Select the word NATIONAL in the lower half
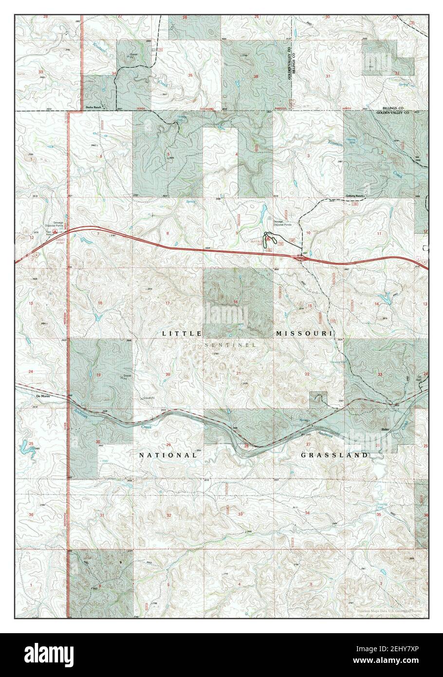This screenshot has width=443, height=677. (168, 455)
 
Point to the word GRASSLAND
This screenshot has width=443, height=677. (334, 455)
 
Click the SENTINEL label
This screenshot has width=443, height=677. (230, 345)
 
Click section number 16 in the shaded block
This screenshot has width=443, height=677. (236, 302)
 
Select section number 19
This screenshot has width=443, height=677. (98, 375)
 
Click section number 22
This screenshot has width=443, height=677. (307, 374)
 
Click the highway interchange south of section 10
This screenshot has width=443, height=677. (302, 258)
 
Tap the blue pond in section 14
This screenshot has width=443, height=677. (385, 297)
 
